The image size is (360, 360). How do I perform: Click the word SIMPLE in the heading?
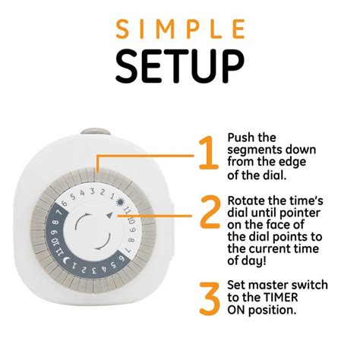180,29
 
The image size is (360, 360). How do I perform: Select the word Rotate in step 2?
248,200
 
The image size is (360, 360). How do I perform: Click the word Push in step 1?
242,138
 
